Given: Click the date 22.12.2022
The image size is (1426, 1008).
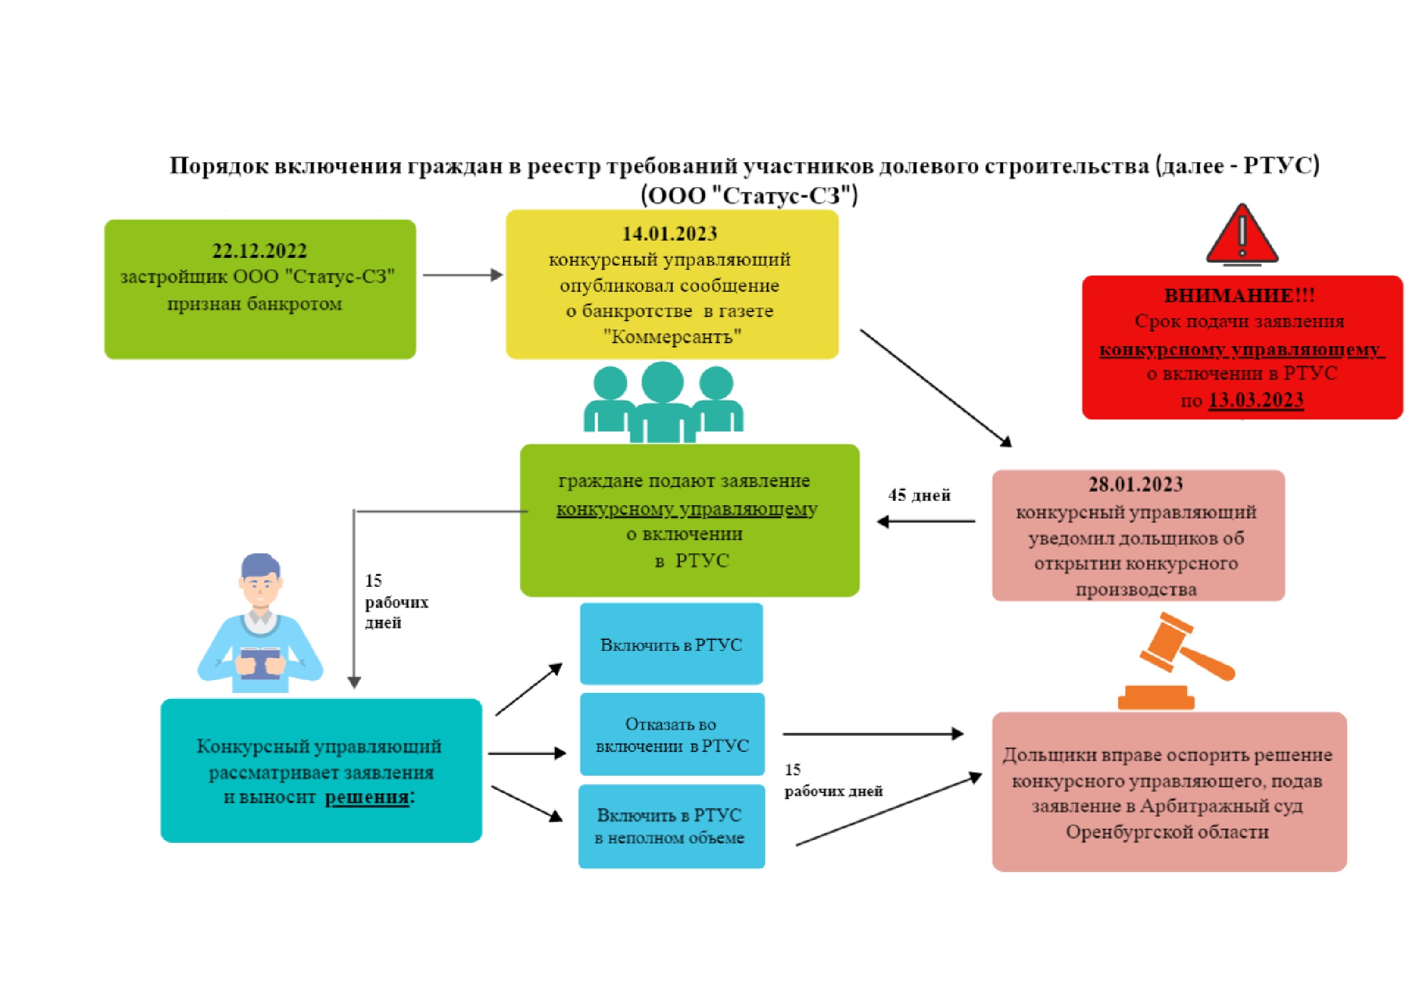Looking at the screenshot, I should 260,250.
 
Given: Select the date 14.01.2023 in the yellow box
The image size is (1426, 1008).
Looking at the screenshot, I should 669,234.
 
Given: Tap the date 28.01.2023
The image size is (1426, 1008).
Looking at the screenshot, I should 1135,484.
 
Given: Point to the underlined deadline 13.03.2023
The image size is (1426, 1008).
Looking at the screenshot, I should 1255,400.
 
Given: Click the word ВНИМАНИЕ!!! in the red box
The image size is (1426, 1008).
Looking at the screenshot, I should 1239,296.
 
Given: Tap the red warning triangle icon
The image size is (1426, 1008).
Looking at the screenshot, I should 1241,236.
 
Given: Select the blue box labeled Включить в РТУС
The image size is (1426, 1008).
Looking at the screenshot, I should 671,644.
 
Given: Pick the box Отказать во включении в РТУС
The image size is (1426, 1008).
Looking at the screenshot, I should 672,735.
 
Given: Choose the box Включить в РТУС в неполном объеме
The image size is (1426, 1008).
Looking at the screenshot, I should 671,826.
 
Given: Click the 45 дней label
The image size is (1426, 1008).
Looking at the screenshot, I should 919,495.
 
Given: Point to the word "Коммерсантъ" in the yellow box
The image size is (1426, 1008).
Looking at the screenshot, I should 672,337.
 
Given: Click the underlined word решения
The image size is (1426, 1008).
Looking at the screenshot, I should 367,798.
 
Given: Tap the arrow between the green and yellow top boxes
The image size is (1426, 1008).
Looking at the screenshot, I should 462,275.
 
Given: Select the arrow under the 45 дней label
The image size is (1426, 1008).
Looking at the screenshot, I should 925,522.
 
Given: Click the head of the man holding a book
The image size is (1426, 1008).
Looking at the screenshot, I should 260,577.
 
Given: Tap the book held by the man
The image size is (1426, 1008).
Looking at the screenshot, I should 260,662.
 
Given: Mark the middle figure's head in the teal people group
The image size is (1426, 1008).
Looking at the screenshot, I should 662,381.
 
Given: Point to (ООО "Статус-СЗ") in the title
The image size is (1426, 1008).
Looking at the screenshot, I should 749,196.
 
